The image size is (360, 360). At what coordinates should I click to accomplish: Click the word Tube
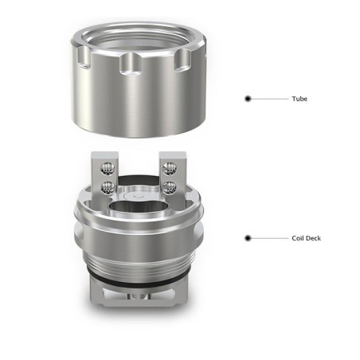click(299, 99)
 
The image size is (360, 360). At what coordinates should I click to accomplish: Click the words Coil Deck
click(306, 238)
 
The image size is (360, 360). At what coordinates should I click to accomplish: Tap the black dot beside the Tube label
click(248, 99)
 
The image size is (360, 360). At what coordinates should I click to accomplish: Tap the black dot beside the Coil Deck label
click(248, 238)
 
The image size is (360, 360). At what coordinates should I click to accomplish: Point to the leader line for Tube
click(270, 99)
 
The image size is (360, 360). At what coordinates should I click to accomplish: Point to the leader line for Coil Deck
click(270, 238)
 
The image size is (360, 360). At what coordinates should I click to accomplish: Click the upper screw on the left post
click(108, 169)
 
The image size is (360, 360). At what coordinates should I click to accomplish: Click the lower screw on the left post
click(108, 188)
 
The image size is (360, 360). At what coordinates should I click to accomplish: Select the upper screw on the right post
click(170, 169)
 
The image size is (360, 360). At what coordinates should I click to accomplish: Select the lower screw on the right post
click(170, 188)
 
